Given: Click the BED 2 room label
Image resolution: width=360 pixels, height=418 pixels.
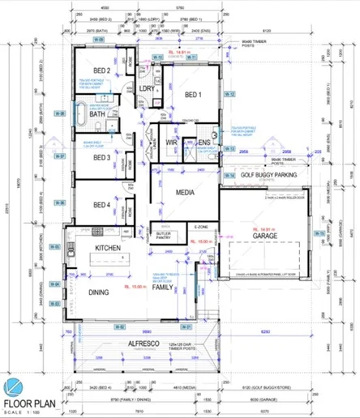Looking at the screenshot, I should [102, 71].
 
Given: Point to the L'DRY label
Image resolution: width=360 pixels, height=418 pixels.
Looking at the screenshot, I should [147, 88].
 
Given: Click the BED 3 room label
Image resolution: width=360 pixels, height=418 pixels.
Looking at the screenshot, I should [101, 157].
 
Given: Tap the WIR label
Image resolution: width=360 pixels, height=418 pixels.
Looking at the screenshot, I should [171, 143].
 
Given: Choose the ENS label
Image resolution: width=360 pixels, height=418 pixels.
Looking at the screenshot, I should [203, 143].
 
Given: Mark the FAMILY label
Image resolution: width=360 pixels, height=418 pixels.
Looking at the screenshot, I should [163, 288].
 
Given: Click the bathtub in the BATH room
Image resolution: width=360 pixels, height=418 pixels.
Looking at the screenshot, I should [82, 114].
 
